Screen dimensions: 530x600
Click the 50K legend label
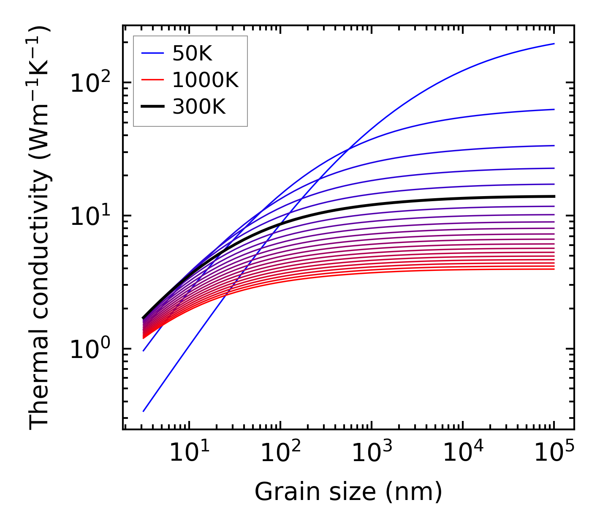coord(192,53)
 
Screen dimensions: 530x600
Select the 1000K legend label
coord(205,80)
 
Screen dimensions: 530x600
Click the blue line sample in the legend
coord(152,53)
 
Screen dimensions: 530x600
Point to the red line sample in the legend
coord(152,80)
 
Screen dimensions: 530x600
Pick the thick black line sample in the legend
coord(152,107)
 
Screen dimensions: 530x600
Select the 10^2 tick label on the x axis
coord(280,454)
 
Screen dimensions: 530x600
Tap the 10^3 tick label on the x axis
coord(372,454)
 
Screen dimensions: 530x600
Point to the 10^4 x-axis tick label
coord(463,454)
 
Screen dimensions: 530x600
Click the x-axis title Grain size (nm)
coord(348,492)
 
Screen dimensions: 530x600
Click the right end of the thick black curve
coord(554,196)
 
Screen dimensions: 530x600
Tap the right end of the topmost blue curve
coord(554,44)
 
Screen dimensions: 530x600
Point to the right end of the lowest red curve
coord(554,269)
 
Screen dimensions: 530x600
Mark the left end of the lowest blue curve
coord(144,411)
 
